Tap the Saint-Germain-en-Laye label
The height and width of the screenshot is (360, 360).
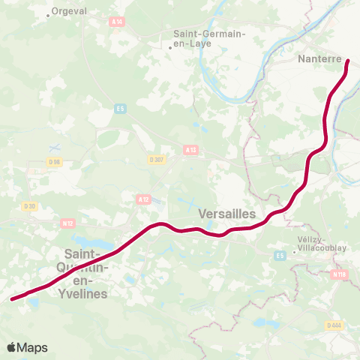[x=202, y=39]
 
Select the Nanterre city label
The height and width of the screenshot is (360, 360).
[x=319, y=58]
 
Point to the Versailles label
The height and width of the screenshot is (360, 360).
[x=228, y=214]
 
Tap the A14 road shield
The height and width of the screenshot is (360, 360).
[x=117, y=22]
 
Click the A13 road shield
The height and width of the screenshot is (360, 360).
[x=190, y=150]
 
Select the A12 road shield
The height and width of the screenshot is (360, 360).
[x=144, y=199]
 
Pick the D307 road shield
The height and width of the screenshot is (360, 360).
[x=156, y=159]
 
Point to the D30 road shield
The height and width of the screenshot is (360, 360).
[x=29, y=206]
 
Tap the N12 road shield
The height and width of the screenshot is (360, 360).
[x=67, y=222]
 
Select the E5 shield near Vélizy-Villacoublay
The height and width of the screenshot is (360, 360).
[x=280, y=256]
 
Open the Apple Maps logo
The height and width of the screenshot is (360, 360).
[x=28, y=347]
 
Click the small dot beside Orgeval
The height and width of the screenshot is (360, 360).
[x=49, y=14]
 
